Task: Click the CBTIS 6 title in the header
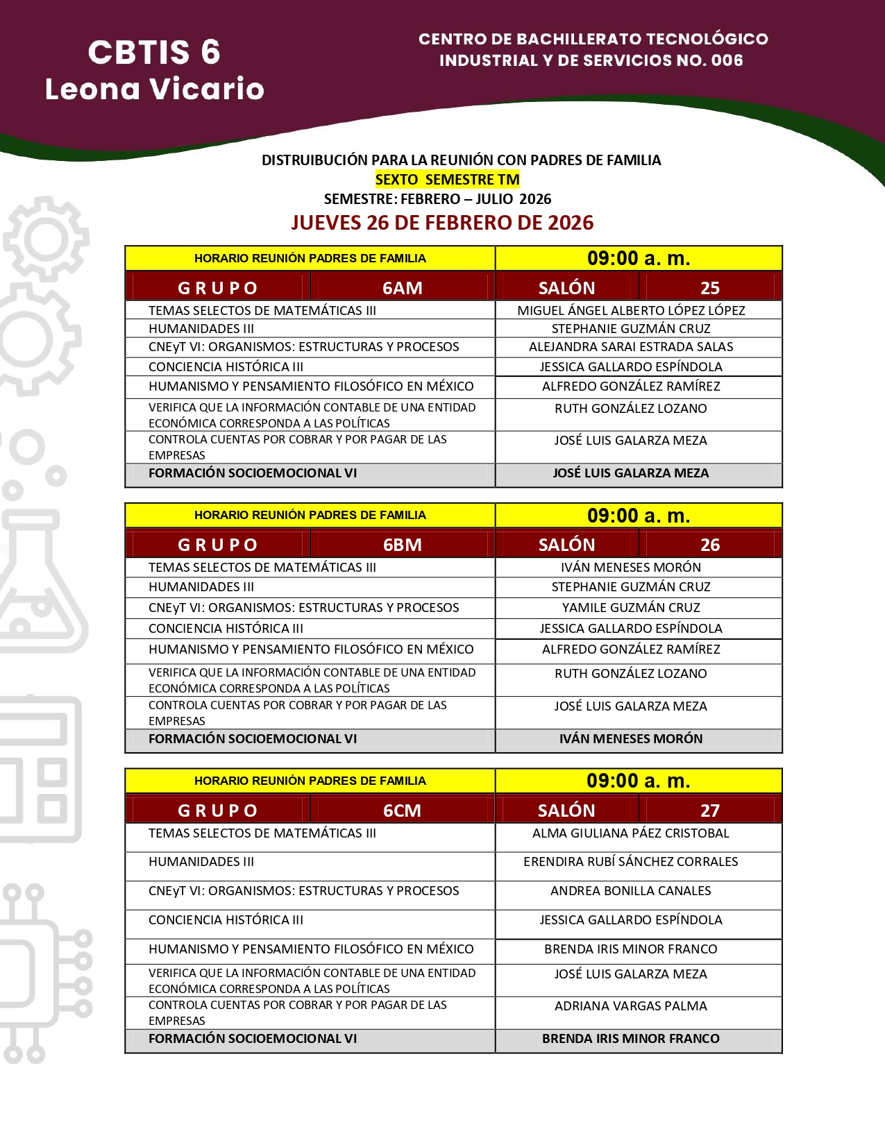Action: click(x=154, y=53)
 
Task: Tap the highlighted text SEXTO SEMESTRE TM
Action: click(x=447, y=180)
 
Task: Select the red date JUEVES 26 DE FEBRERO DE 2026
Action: click(x=442, y=223)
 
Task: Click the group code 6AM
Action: click(x=402, y=288)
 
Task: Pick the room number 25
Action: click(x=709, y=288)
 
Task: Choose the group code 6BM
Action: click(x=402, y=545)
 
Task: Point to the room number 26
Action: click(x=709, y=545)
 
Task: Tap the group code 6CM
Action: click(x=402, y=811)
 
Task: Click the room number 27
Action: click(x=709, y=811)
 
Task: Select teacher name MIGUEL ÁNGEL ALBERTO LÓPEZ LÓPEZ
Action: click(x=631, y=310)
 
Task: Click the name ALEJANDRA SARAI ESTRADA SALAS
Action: click(x=631, y=346)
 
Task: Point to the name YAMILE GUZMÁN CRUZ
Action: click(x=631, y=607)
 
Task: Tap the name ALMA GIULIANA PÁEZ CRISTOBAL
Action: click(x=631, y=833)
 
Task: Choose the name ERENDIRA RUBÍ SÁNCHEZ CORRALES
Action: click(x=631, y=861)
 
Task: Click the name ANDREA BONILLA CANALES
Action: click(x=631, y=890)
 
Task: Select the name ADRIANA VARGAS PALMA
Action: click(x=631, y=1006)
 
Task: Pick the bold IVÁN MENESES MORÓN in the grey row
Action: click(x=631, y=738)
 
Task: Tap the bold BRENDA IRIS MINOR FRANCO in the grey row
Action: click(x=631, y=1038)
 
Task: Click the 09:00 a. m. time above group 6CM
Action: click(x=639, y=781)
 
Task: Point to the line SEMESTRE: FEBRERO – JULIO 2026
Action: click(x=437, y=199)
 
